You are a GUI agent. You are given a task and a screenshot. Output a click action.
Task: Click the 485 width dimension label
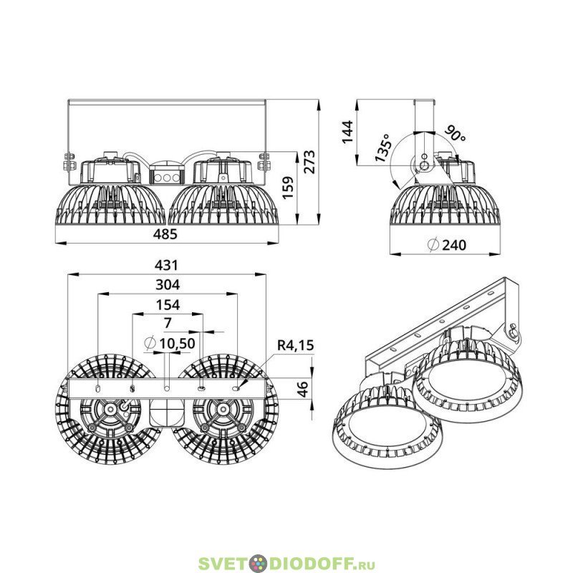[x=165, y=234]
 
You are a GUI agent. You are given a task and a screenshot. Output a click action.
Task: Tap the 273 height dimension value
[x=309, y=162]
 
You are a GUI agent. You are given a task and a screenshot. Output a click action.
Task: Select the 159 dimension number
[x=288, y=188]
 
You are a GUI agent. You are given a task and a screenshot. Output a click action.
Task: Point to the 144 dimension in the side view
[x=347, y=132]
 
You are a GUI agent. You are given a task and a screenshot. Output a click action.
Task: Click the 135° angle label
[x=382, y=148]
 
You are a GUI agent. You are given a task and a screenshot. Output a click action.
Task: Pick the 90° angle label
[x=456, y=133]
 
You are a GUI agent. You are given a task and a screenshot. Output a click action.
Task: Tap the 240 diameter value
[x=454, y=245]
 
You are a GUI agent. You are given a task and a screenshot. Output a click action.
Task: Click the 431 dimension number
[x=166, y=265]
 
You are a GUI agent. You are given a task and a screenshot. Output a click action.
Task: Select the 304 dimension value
[x=168, y=284]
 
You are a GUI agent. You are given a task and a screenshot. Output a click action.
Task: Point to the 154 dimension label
[x=168, y=305]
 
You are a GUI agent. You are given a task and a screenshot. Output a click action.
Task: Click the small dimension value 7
[x=168, y=323]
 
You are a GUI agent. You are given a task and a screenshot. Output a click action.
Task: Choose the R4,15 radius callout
[x=295, y=345]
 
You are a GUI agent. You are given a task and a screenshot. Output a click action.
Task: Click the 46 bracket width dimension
[x=303, y=388]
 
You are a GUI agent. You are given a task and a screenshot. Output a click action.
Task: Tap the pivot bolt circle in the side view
[x=424, y=166]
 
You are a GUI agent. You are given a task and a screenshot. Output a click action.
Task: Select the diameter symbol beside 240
[x=433, y=244]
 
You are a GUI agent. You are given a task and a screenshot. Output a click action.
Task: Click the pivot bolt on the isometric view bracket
[x=513, y=330]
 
